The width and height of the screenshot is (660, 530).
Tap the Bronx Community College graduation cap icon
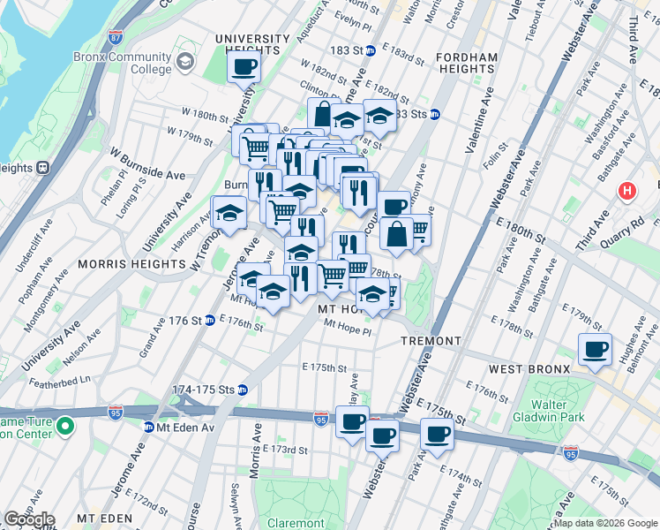(185, 62)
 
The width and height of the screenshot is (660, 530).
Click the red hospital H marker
(627, 190)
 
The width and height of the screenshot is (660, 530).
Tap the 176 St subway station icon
(210, 320)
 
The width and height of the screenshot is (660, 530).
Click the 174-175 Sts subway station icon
(242, 390)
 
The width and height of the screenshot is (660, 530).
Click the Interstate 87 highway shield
(116, 38)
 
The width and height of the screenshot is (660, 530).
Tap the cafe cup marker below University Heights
(245, 65)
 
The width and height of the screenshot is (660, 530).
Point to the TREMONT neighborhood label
(431, 341)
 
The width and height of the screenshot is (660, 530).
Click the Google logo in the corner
(28, 519)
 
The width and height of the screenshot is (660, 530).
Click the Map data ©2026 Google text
(605, 523)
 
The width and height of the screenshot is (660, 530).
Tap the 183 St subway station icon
(371, 51)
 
